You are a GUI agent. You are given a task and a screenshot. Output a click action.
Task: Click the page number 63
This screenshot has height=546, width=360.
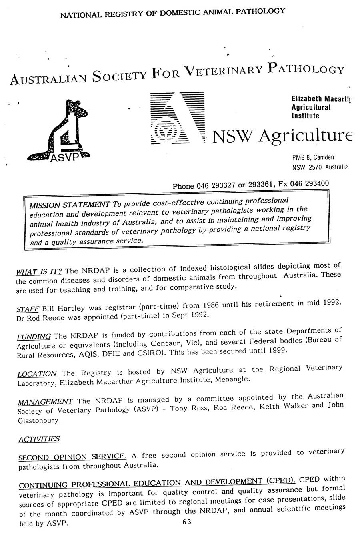(x=186, y=522)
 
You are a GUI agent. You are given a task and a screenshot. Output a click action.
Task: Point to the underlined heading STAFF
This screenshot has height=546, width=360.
(x=27, y=309)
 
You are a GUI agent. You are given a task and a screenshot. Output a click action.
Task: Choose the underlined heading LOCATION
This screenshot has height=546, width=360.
(x=37, y=374)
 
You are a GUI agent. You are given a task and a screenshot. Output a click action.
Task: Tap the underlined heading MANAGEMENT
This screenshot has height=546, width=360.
(x=44, y=402)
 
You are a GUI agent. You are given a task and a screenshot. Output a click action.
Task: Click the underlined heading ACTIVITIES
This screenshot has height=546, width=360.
(x=39, y=439)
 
